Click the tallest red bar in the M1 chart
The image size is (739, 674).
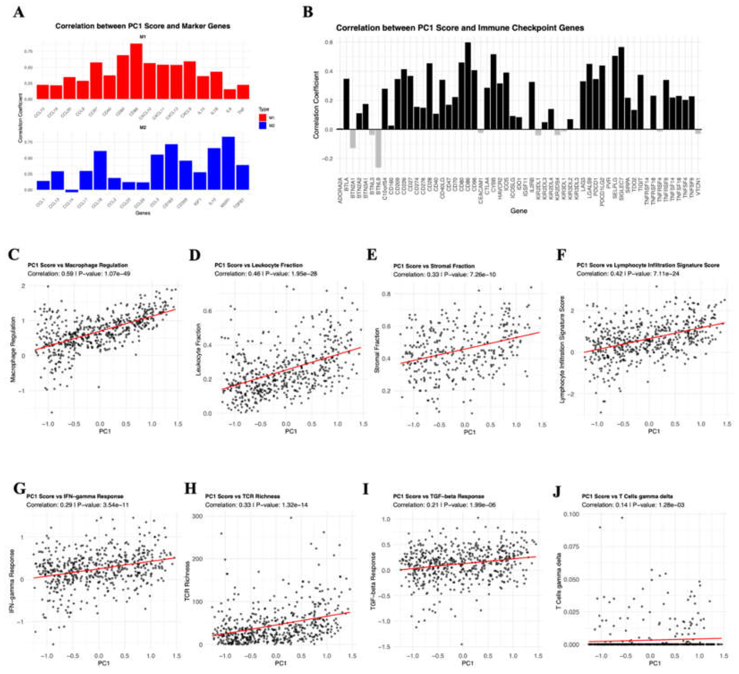(x=136, y=72)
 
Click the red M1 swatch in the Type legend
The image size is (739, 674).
(x=262, y=118)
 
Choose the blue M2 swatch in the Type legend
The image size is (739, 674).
(x=262, y=126)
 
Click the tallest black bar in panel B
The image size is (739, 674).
(x=468, y=86)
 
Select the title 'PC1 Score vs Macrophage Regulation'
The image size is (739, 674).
(x=78, y=265)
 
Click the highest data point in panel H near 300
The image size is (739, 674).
(x=291, y=518)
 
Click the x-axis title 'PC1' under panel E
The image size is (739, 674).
(x=469, y=432)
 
